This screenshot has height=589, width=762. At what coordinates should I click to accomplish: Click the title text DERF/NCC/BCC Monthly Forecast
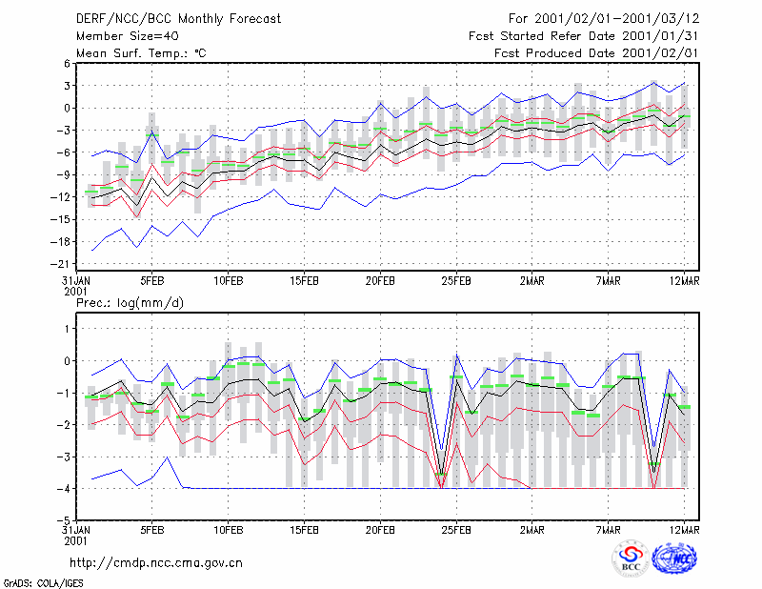[178, 19]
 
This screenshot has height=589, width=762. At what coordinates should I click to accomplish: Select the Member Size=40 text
[128, 36]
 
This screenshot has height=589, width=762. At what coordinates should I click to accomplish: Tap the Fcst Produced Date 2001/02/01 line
[596, 53]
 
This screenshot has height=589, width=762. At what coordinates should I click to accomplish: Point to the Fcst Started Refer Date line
[584, 36]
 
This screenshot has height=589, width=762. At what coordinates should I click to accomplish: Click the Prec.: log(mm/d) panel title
[130, 303]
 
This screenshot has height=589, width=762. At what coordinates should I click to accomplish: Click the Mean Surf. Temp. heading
[141, 53]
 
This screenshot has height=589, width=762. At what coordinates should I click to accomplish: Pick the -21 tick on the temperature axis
[60, 264]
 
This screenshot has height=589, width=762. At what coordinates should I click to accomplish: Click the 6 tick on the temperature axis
[67, 63]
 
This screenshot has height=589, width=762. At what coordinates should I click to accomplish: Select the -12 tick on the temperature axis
[60, 197]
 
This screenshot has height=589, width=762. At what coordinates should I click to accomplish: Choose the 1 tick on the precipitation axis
[67, 329]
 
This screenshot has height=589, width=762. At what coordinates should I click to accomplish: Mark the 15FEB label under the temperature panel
[304, 281]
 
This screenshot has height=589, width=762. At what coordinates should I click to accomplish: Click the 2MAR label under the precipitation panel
[532, 530]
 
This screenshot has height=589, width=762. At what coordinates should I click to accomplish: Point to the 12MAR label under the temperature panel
[684, 281]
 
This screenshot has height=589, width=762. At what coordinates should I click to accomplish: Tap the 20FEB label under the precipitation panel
[380, 530]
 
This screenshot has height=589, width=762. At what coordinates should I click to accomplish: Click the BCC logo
[631, 559]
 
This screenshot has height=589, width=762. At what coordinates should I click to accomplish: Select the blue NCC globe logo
[675, 559]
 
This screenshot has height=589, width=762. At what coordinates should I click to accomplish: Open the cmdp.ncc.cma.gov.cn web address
[156, 563]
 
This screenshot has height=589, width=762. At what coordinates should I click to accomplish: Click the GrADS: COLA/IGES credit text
[43, 583]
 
